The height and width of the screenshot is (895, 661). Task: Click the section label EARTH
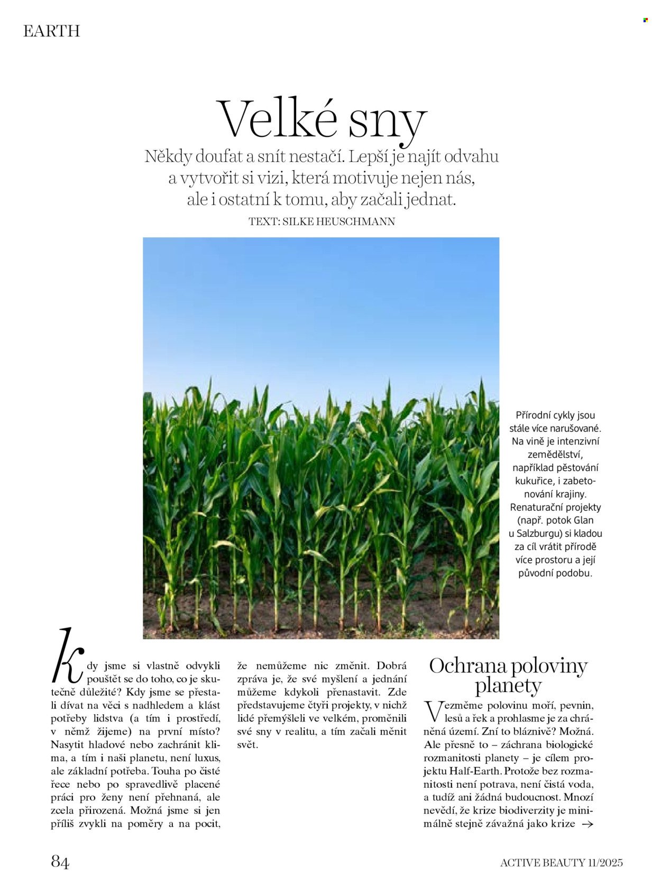pos(51,31)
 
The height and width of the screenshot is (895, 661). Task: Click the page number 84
pos(60,862)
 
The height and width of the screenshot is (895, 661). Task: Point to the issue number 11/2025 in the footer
pos(605,863)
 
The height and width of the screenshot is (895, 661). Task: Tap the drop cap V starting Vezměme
pos(433,712)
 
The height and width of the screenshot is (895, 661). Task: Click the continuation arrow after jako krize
pos(587,824)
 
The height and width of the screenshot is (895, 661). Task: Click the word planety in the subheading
pos(508,686)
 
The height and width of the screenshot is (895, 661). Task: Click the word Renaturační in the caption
pos(533,508)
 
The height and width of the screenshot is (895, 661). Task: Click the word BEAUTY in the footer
pos(563,863)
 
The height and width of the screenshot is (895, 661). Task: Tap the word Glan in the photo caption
pos(583,521)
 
